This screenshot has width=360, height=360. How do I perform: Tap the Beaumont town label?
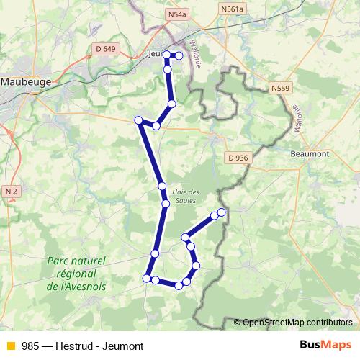coord(310,153)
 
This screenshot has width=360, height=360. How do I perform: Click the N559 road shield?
coord(282,88)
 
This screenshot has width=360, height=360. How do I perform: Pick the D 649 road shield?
coord(105,49)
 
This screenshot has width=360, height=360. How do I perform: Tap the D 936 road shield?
coord(238,157)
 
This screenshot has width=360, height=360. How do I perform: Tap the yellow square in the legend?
coord(10,346)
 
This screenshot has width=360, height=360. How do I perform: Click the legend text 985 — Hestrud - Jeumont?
coord(83,346)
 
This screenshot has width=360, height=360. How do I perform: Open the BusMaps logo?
coord(325,345)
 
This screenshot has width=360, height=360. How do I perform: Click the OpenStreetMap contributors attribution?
coord(297,322)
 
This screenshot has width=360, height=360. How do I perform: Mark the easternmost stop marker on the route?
coord(222,212)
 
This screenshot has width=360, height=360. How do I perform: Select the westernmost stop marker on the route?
coord(138,120)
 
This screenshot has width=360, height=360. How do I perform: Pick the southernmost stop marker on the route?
coord(179,286)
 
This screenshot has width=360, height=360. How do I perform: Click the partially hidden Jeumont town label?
coord(154,53)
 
